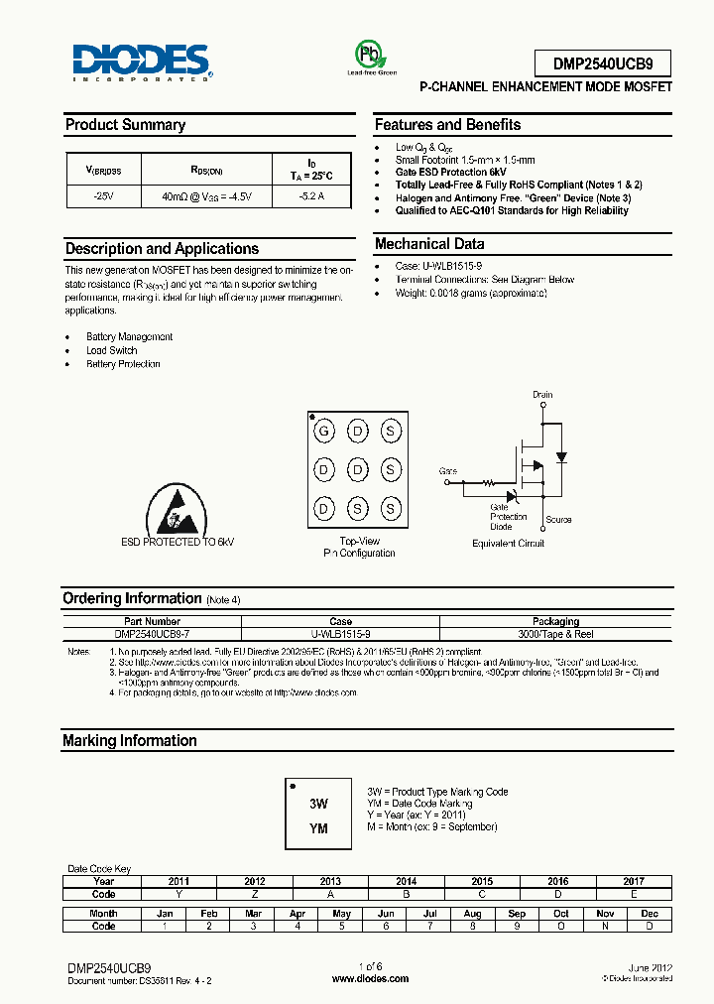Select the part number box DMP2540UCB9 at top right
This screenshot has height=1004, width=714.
(x=602, y=64)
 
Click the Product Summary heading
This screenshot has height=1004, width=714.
(x=125, y=125)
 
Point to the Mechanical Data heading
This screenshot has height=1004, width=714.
(x=429, y=244)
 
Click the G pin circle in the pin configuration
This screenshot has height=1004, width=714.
(x=322, y=432)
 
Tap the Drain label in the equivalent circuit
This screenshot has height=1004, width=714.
(x=541, y=395)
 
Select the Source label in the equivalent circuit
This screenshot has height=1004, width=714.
(x=558, y=520)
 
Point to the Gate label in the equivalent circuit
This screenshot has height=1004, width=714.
(x=448, y=471)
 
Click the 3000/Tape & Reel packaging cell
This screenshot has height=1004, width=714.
(x=555, y=633)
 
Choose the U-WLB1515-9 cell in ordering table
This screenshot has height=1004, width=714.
(x=340, y=633)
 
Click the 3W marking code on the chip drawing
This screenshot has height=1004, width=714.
(x=318, y=805)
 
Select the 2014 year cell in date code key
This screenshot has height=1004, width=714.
(x=406, y=881)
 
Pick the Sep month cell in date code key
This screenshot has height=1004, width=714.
(x=516, y=914)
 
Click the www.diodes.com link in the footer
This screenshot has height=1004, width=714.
(x=370, y=979)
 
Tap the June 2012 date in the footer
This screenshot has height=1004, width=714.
(x=651, y=966)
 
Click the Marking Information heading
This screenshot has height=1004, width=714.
(x=130, y=741)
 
